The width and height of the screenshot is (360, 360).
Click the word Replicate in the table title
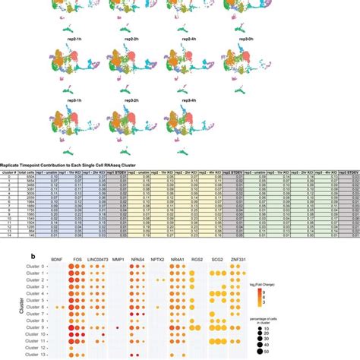[x=15, y=163]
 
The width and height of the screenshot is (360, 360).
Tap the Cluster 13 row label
[x=36, y=355]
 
